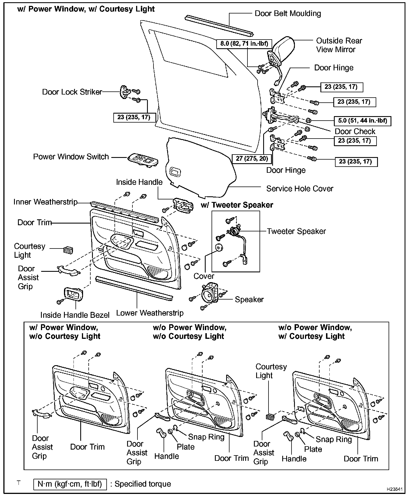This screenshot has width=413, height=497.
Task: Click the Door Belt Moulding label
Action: point(288,13)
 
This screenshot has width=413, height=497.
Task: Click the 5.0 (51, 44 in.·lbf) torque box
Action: point(362,121)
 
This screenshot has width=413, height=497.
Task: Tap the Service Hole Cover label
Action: point(300,188)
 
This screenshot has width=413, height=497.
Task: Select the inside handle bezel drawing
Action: point(74,295)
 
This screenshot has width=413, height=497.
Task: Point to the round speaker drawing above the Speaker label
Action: point(209,295)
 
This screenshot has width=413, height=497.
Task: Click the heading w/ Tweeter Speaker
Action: point(237,205)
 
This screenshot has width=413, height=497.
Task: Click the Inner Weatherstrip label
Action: point(45,202)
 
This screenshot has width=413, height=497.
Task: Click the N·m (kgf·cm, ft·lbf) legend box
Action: point(70,484)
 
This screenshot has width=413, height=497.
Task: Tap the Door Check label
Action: point(355,131)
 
